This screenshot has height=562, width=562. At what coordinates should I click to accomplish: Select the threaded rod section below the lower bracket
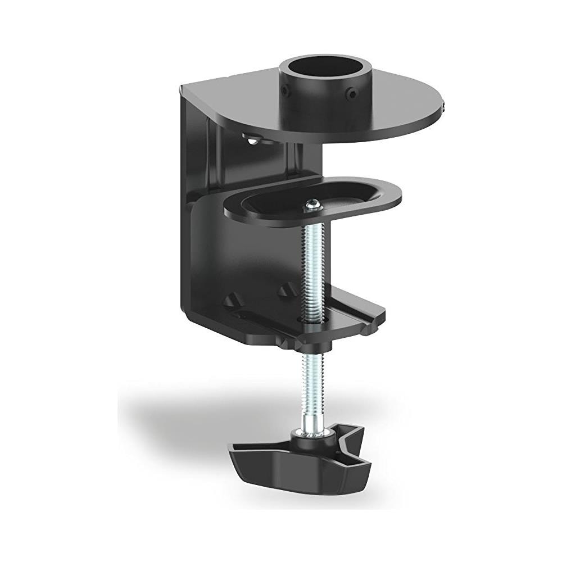pos(311,371)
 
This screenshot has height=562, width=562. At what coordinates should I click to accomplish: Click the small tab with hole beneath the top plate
pos(253,136)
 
